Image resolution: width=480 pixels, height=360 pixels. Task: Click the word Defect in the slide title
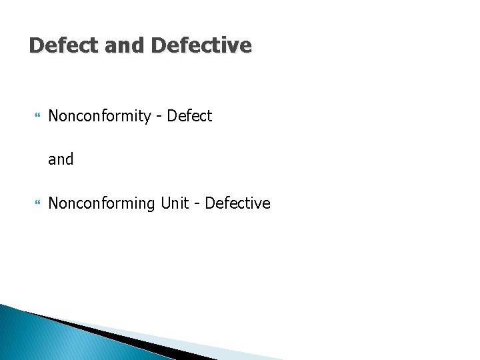click(x=63, y=45)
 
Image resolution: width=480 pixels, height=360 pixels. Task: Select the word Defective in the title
click(x=201, y=45)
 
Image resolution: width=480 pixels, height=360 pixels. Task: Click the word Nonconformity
click(x=100, y=117)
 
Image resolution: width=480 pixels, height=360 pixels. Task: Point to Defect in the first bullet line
click(x=189, y=116)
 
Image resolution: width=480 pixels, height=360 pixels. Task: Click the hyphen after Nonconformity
click(x=159, y=117)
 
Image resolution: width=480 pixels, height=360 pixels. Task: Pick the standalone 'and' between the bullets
click(x=61, y=159)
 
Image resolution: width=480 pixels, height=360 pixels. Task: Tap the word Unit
click(x=175, y=203)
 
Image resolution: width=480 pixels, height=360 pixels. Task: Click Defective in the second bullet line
click(x=237, y=203)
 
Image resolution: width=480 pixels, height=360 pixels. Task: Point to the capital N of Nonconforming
click(x=54, y=203)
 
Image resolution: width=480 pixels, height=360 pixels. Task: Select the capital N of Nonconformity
click(x=54, y=116)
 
